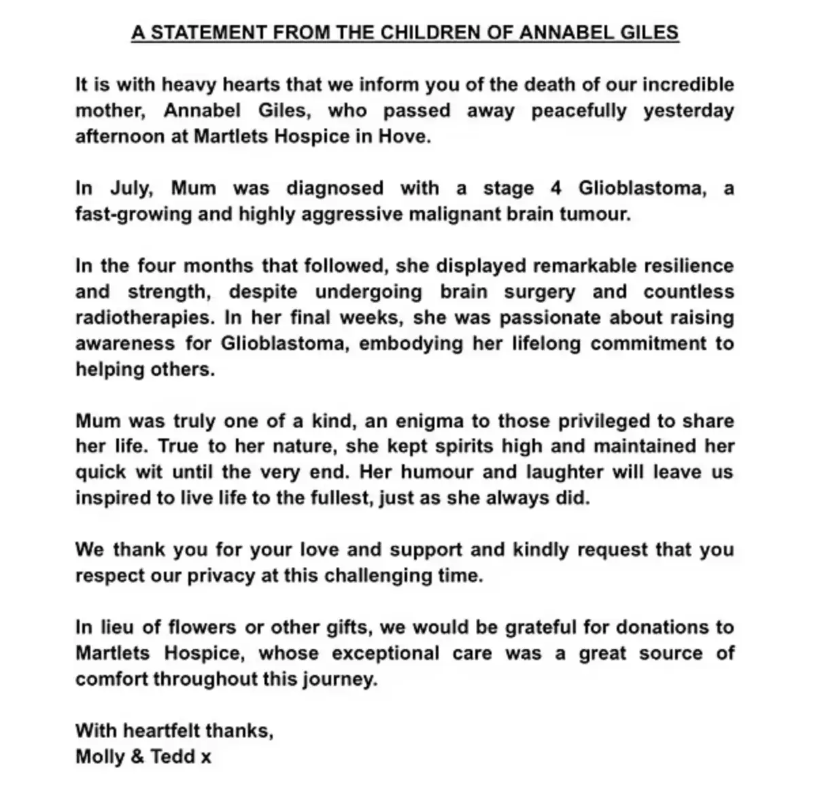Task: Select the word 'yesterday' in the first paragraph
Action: pos(689,111)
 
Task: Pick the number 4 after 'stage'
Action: pos(555,188)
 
